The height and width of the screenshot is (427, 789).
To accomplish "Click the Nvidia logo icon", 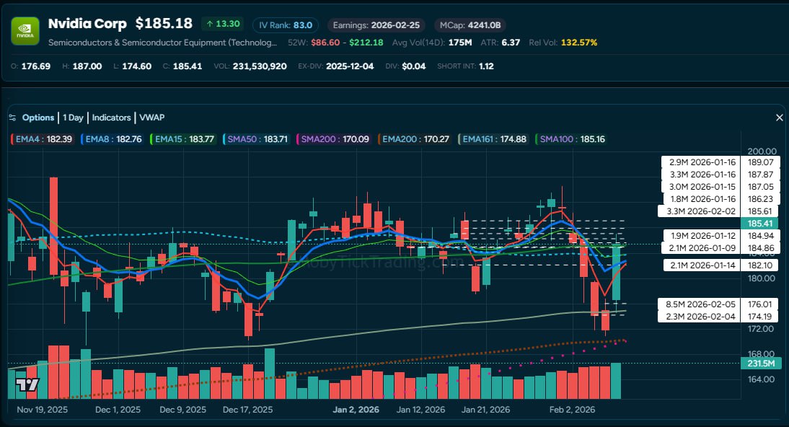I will tap(25, 31).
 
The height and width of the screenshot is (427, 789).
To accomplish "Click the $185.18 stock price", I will tap(164, 24).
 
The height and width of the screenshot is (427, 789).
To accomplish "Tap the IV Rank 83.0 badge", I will tap(285, 25).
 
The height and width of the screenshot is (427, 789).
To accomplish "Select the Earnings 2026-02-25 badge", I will tap(375, 25).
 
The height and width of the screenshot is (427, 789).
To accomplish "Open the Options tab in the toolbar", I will tap(38, 118).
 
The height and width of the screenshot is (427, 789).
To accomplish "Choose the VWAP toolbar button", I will tap(151, 118).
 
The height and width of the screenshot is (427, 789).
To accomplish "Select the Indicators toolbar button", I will tap(111, 118).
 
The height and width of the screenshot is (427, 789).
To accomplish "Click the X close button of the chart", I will tap(779, 118).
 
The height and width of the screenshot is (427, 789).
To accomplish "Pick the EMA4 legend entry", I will tap(42, 138).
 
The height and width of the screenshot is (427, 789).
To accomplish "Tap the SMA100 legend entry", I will tap(573, 138).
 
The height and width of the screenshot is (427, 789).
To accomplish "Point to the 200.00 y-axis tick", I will tap(762, 151).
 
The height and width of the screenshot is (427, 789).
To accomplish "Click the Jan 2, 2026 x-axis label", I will tap(356, 410).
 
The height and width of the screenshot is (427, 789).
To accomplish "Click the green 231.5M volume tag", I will tap(760, 364).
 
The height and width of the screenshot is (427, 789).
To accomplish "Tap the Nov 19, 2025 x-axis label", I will tap(41, 410).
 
